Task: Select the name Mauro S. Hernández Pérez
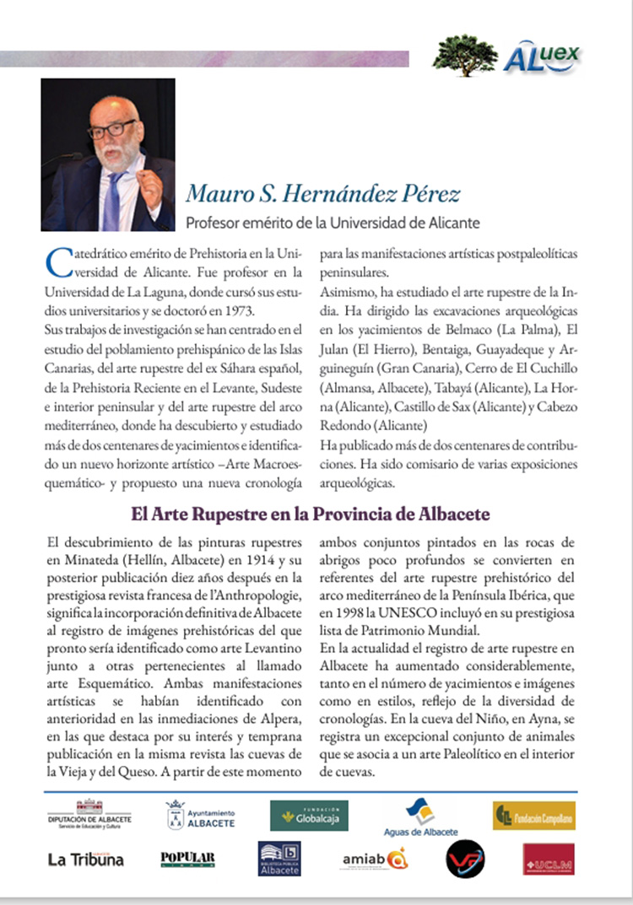coord(323,195)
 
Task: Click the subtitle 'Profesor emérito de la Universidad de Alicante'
coord(333,224)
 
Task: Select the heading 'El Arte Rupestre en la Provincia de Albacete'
coord(311,513)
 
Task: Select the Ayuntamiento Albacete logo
coord(200,815)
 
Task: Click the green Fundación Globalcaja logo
coord(309,815)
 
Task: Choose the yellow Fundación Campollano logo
coord(533,815)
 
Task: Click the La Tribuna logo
coord(85,859)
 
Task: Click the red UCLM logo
coord(548,859)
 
